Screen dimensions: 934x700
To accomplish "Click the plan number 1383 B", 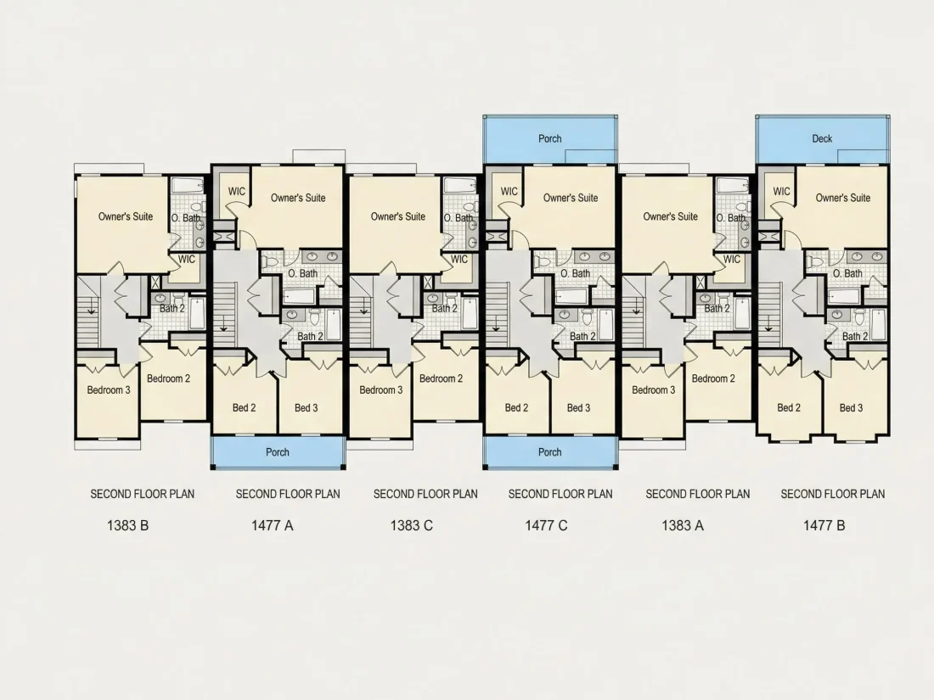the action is click(127, 525).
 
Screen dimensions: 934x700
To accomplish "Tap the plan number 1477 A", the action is click(273, 525).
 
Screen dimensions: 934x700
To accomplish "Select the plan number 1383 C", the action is click(412, 525).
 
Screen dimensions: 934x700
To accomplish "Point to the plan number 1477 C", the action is click(546, 525).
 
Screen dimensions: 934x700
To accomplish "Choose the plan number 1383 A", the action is click(683, 525).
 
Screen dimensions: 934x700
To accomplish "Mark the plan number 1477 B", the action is click(824, 525).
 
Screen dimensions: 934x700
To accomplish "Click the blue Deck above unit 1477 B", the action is click(823, 138).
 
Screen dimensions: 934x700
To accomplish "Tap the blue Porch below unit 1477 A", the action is click(278, 452).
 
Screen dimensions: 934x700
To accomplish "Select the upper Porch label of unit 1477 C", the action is click(550, 138).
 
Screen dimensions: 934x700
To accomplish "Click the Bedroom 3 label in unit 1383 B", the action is click(109, 390).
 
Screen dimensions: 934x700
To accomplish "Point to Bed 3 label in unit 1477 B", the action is click(851, 408).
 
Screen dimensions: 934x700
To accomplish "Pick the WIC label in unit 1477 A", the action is click(237, 192).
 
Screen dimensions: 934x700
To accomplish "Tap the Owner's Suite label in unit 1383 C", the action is click(398, 216).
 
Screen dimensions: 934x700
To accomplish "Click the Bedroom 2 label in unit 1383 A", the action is click(713, 378).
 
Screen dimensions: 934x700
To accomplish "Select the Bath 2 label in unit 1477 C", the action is click(582, 336).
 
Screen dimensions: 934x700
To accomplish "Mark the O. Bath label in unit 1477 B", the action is click(847, 273).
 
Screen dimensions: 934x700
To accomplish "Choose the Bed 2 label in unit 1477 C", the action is click(516, 408).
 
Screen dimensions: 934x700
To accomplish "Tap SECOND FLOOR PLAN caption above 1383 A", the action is click(697, 494).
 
